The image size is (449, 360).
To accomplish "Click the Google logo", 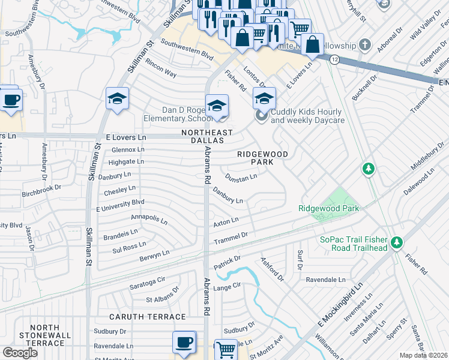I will point(20,352).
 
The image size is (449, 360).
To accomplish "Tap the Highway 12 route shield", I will point(334,59).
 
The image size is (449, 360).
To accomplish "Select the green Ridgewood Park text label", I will point(328,208).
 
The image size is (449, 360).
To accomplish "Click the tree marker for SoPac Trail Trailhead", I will point(396,242).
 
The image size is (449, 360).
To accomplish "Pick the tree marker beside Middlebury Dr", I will point(369,169).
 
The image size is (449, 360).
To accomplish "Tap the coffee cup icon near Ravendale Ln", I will point(184,343).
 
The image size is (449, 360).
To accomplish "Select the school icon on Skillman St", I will point(118,100).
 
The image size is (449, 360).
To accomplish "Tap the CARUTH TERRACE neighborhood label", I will point(147,316).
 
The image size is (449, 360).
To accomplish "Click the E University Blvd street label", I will point(121,206).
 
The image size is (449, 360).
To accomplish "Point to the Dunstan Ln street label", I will point(241,177).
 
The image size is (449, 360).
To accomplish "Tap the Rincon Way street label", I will point(161,71).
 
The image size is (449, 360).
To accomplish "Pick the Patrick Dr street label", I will point(227,262).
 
